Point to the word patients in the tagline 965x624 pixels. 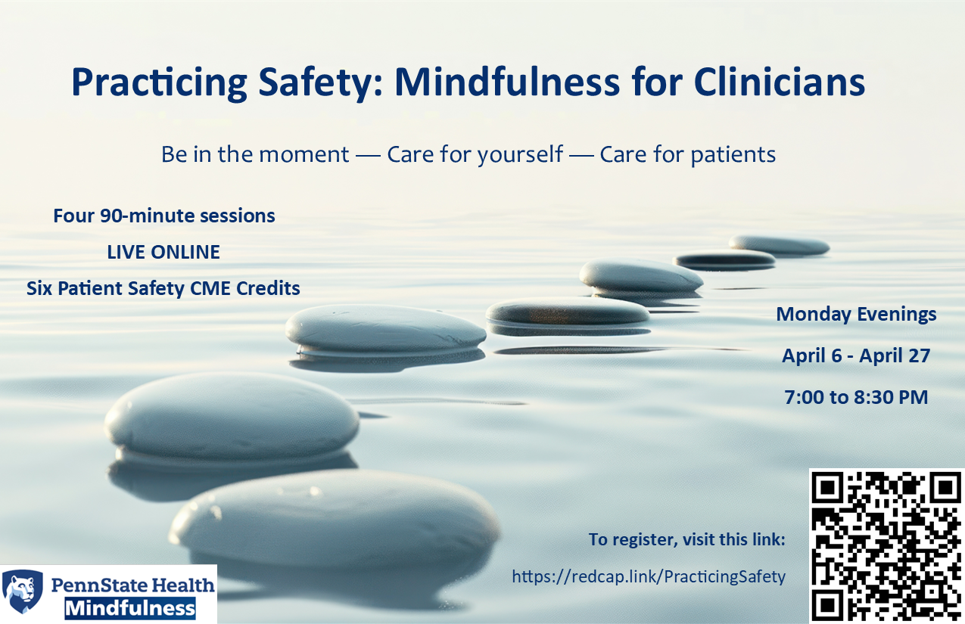pos(733,155)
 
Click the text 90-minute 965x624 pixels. pos(148,216)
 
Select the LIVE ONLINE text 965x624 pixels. pos(163,252)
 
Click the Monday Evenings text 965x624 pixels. pos(856,315)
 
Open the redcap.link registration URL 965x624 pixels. pos(649,576)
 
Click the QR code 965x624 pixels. pos(887,546)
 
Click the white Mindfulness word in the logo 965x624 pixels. pos(130,610)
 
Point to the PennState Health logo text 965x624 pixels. pos(132,585)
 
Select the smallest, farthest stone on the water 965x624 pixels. pos(779,244)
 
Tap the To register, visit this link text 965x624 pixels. pos(687,539)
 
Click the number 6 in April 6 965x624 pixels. pos(836,355)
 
